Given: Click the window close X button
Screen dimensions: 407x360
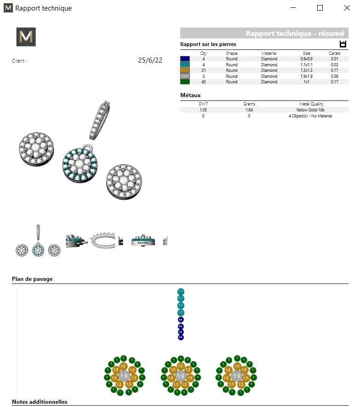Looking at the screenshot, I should [x=347, y=8].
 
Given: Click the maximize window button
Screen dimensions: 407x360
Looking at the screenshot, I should [x=320, y=8].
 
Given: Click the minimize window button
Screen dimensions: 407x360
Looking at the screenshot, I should [x=293, y=8].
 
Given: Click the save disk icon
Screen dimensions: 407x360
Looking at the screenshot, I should [x=343, y=44].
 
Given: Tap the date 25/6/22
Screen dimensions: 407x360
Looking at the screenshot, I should [x=150, y=60].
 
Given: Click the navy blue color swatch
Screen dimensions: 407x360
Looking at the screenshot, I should [x=185, y=59].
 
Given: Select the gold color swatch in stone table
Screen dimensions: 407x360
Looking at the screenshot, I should [x=185, y=70].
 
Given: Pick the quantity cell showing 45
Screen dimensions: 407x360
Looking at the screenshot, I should [x=203, y=82].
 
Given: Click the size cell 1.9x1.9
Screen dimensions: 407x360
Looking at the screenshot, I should [x=307, y=76].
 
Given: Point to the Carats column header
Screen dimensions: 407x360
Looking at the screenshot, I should [x=334, y=53].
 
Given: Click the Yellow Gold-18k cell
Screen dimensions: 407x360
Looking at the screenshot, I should [x=310, y=110].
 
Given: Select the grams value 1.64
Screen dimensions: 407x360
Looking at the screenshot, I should [x=249, y=110].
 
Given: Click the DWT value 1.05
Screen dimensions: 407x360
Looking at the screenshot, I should [x=203, y=110].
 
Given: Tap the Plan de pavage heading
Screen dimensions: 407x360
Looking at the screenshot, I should [x=32, y=279].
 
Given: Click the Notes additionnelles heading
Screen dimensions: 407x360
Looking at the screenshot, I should [x=40, y=402].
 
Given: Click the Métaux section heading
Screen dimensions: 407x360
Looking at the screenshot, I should [x=190, y=95].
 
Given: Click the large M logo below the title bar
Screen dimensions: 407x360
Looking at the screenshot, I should [x=26, y=37].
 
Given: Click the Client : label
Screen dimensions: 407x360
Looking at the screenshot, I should [x=19, y=61].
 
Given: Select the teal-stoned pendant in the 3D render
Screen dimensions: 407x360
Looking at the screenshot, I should [x=80, y=164].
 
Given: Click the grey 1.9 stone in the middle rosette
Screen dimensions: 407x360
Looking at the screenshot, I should [x=180, y=376].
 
